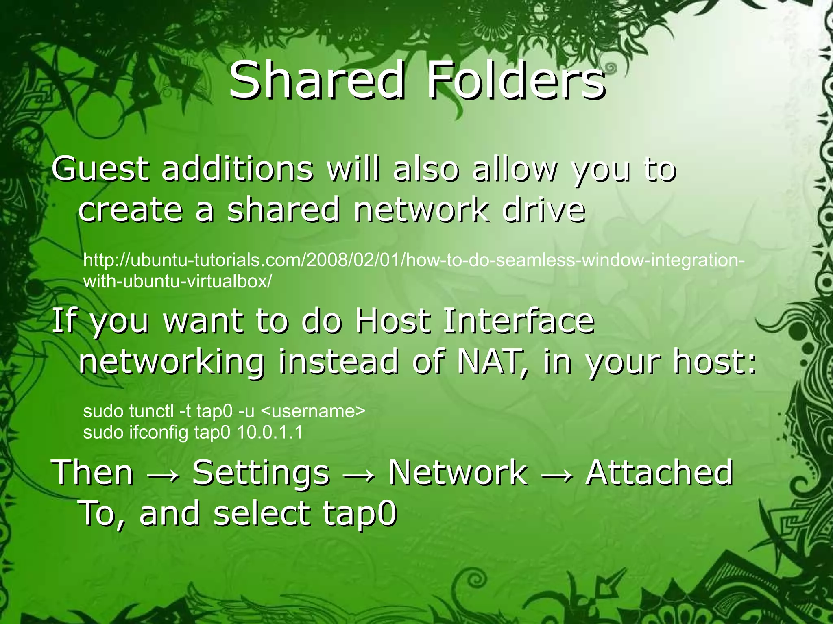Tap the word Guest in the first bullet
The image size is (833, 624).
[99, 169]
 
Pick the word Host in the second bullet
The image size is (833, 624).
[392, 321]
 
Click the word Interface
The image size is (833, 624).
[519, 321]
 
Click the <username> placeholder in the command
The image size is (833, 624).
[312, 411]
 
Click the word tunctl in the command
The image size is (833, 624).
[152, 411]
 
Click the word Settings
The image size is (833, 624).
[260, 473]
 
